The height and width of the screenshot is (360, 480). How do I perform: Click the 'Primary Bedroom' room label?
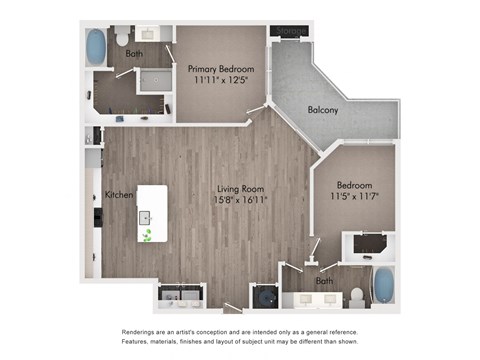pos(221,69)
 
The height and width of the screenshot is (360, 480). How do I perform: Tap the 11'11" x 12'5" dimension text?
pos(221,83)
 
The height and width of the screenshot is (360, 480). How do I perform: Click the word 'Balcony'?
pos(323,110)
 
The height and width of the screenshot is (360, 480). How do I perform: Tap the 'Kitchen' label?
pos(119,194)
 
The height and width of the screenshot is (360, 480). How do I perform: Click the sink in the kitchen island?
pos(146,216)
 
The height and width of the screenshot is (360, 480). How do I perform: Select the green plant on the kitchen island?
pos(148,236)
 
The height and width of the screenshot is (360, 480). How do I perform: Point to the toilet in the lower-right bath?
pos(357,294)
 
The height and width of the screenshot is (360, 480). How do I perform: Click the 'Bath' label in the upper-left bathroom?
pos(134,53)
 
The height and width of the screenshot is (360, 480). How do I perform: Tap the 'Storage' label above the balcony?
pos(290,31)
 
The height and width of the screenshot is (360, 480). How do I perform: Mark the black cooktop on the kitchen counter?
pos(96,216)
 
